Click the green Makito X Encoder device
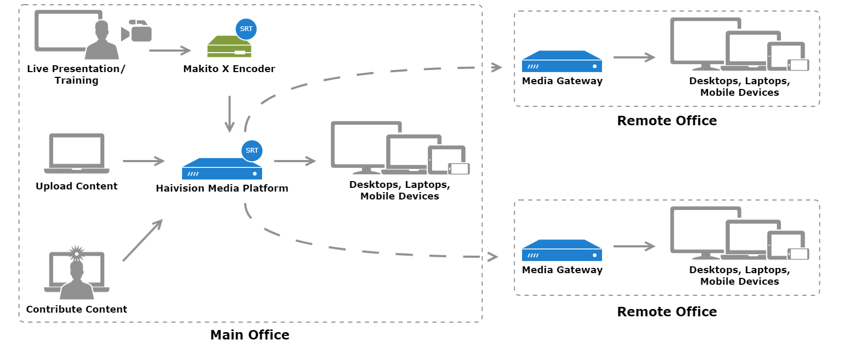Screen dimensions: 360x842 [x=229, y=47]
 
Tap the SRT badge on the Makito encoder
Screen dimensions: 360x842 [x=246, y=29]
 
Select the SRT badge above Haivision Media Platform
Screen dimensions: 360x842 [x=252, y=151]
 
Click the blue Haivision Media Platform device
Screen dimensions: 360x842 [x=222, y=169]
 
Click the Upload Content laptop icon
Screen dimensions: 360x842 [x=77, y=153]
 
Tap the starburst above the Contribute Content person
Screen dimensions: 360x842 [x=77, y=253]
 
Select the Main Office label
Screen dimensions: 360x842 [x=249, y=335]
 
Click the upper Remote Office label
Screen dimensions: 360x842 [x=667, y=121]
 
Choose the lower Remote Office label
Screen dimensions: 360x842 [x=667, y=312]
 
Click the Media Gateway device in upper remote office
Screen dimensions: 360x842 [x=562, y=62]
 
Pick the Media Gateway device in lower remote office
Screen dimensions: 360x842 [x=562, y=251]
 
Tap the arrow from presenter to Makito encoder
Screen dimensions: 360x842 [x=169, y=51]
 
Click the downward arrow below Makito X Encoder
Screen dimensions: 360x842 [x=229, y=114]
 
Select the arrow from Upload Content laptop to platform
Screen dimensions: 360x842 [x=144, y=161]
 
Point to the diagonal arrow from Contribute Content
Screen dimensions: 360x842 [x=143, y=240]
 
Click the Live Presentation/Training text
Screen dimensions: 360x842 [x=76, y=74]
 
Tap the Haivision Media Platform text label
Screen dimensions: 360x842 [x=222, y=188]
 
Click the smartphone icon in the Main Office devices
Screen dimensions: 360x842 [x=459, y=168]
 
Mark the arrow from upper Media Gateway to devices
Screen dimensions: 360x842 [x=634, y=57]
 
